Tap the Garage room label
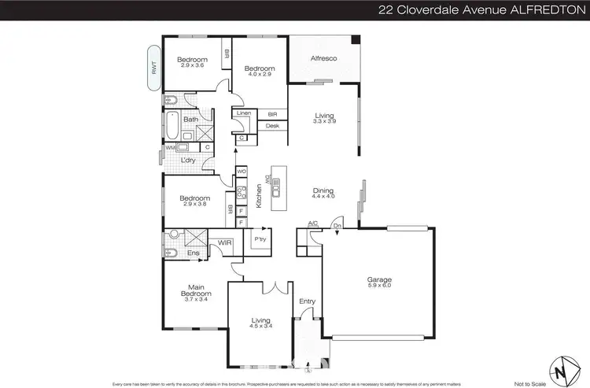(379, 279)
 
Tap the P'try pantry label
(259, 239)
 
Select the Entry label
(307, 301)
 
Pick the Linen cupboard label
(243, 114)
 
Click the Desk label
(272, 126)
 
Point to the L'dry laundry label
(188, 161)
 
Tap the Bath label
(191, 120)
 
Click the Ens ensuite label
(194, 253)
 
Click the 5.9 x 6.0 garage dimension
(379, 286)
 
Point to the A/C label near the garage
(312, 224)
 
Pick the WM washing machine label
(170, 147)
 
